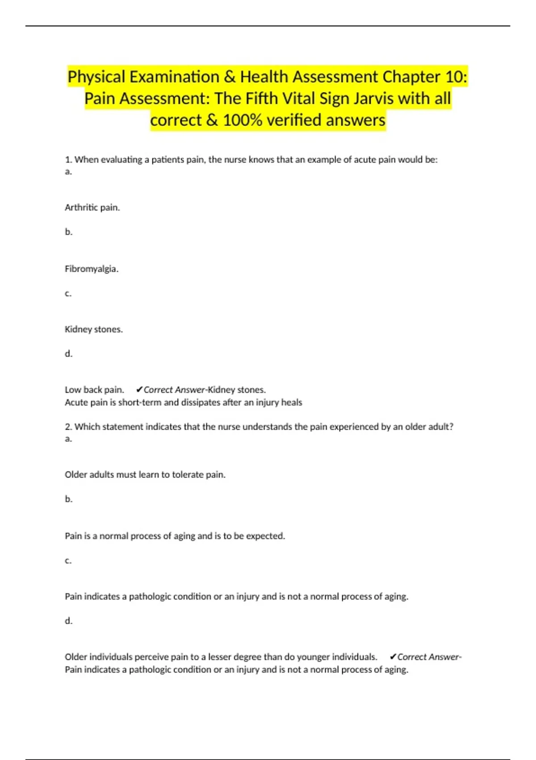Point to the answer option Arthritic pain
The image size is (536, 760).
point(92,207)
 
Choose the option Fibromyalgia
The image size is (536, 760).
point(92,269)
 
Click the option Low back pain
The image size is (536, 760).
point(94,389)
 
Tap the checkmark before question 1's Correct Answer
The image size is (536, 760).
point(139,389)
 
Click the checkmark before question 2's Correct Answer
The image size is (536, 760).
point(393,657)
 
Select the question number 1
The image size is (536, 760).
point(68,160)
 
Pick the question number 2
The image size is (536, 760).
point(68,426)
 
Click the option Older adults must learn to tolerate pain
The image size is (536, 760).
point(145,474)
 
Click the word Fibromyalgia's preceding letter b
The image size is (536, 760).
point(68,232)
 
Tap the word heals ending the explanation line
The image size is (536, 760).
point(291,402)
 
